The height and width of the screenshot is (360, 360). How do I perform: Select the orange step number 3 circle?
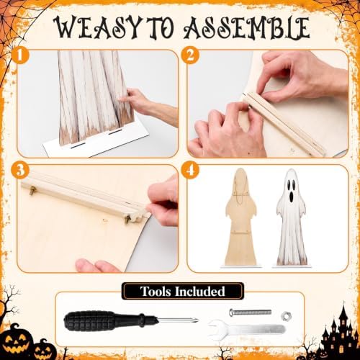pos(20,170)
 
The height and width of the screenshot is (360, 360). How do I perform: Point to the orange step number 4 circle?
pos(190,170)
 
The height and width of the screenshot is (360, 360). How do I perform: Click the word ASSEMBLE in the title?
pos(247,27)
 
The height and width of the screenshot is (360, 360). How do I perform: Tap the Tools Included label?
pos(183,291)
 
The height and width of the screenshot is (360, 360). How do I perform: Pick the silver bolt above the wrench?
pos(251,312)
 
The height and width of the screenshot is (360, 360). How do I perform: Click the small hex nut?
pos(286,315)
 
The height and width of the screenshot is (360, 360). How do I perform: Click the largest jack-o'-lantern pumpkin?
pos(17,341)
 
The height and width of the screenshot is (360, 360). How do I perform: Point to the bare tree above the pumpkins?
pos(9,300)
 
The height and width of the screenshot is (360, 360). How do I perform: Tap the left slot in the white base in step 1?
pos(78,145)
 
